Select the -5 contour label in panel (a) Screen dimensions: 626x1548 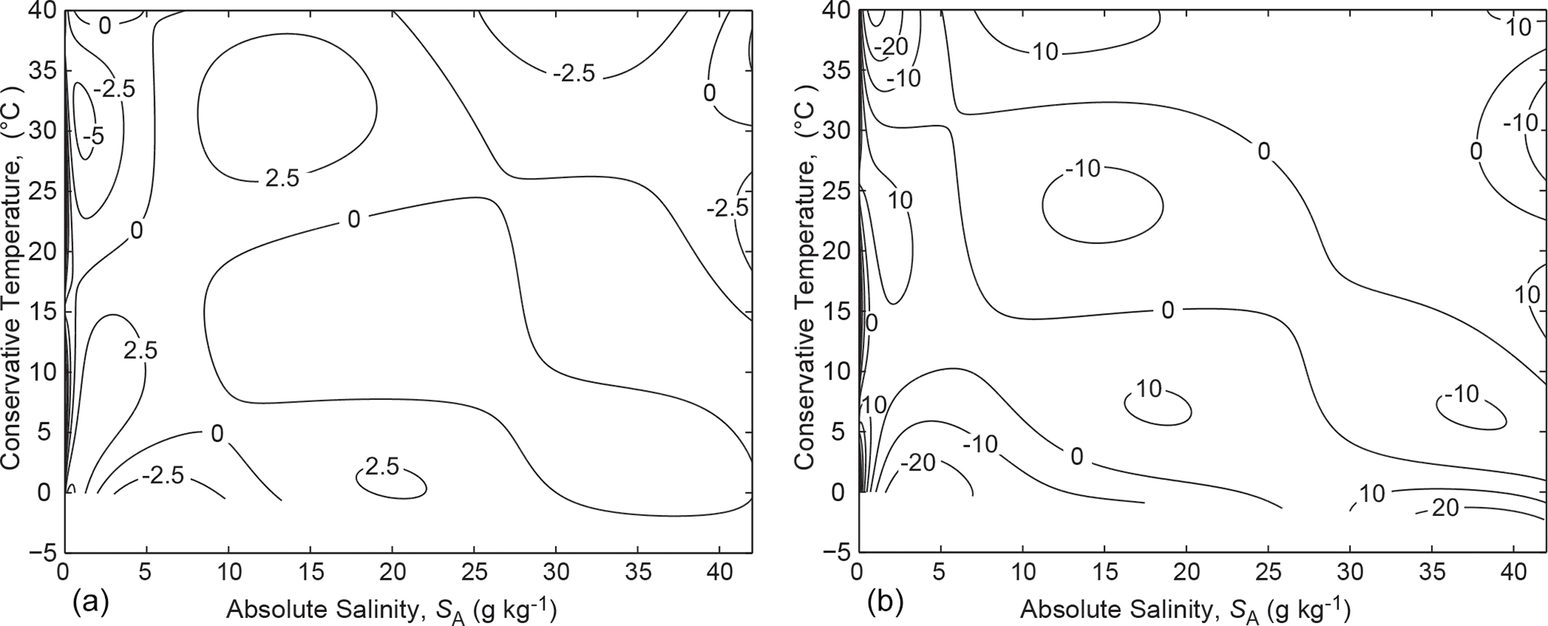(x=94, y=136)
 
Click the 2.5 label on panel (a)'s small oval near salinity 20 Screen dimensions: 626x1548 (x=383, y=467)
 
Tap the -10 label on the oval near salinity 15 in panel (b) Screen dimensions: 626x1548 (x=1083, y=168)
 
